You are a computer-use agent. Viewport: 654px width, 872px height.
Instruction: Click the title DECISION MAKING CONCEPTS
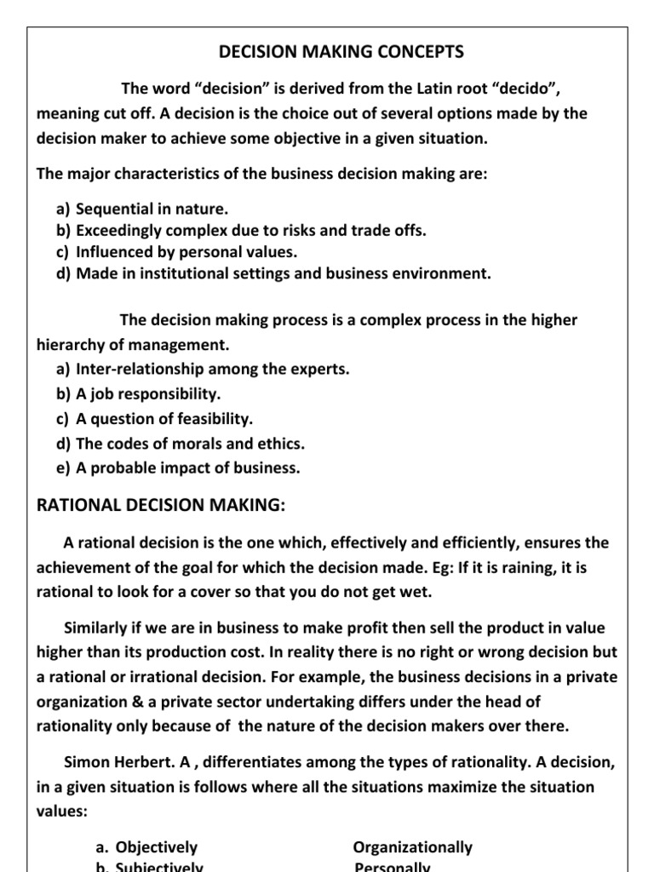tap(341, 52)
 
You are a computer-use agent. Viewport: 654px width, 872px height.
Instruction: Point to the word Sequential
tap(111, 209)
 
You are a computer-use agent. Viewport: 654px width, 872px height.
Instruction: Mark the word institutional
tap(198, 273)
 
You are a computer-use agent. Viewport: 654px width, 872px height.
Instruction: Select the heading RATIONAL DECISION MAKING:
tap(160, 505)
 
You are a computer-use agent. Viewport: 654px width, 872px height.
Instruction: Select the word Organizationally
tap(413, 847)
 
